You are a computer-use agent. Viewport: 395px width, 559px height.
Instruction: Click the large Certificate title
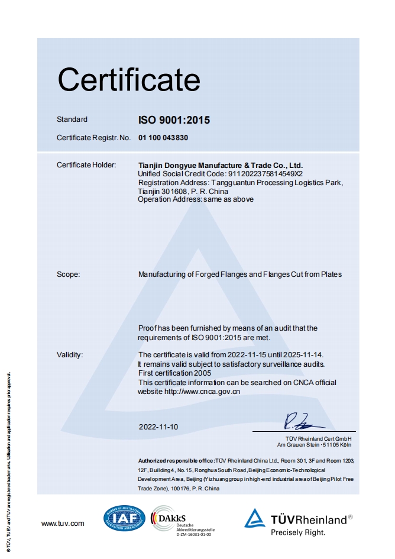click(129, 79)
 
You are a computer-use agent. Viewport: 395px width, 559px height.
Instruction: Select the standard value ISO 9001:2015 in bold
click(174, 120)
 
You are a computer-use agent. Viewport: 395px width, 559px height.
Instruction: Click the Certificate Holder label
click(86, 165)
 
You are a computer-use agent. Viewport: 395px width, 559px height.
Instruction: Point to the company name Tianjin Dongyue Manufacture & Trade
click(220, 165)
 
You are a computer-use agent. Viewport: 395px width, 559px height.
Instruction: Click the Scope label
click(68, 274)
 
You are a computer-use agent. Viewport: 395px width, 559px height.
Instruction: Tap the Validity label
click(70, 355)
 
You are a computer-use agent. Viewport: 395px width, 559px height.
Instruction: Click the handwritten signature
click(303, 421)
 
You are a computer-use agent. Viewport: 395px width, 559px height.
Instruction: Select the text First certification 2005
click(174, 373)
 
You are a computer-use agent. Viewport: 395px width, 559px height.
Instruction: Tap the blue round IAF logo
click(124, 519)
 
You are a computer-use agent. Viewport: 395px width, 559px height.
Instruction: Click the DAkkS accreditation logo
click(181, 521)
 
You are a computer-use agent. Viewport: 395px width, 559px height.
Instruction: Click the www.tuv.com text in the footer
click(63, 524)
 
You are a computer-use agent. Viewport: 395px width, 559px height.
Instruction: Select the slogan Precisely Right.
click(298, 532)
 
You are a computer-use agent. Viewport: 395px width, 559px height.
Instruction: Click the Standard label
click(72, 119)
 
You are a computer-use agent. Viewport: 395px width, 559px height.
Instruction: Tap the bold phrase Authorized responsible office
click(176, 460)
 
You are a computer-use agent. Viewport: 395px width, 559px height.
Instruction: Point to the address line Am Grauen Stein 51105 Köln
click(316, 444)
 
